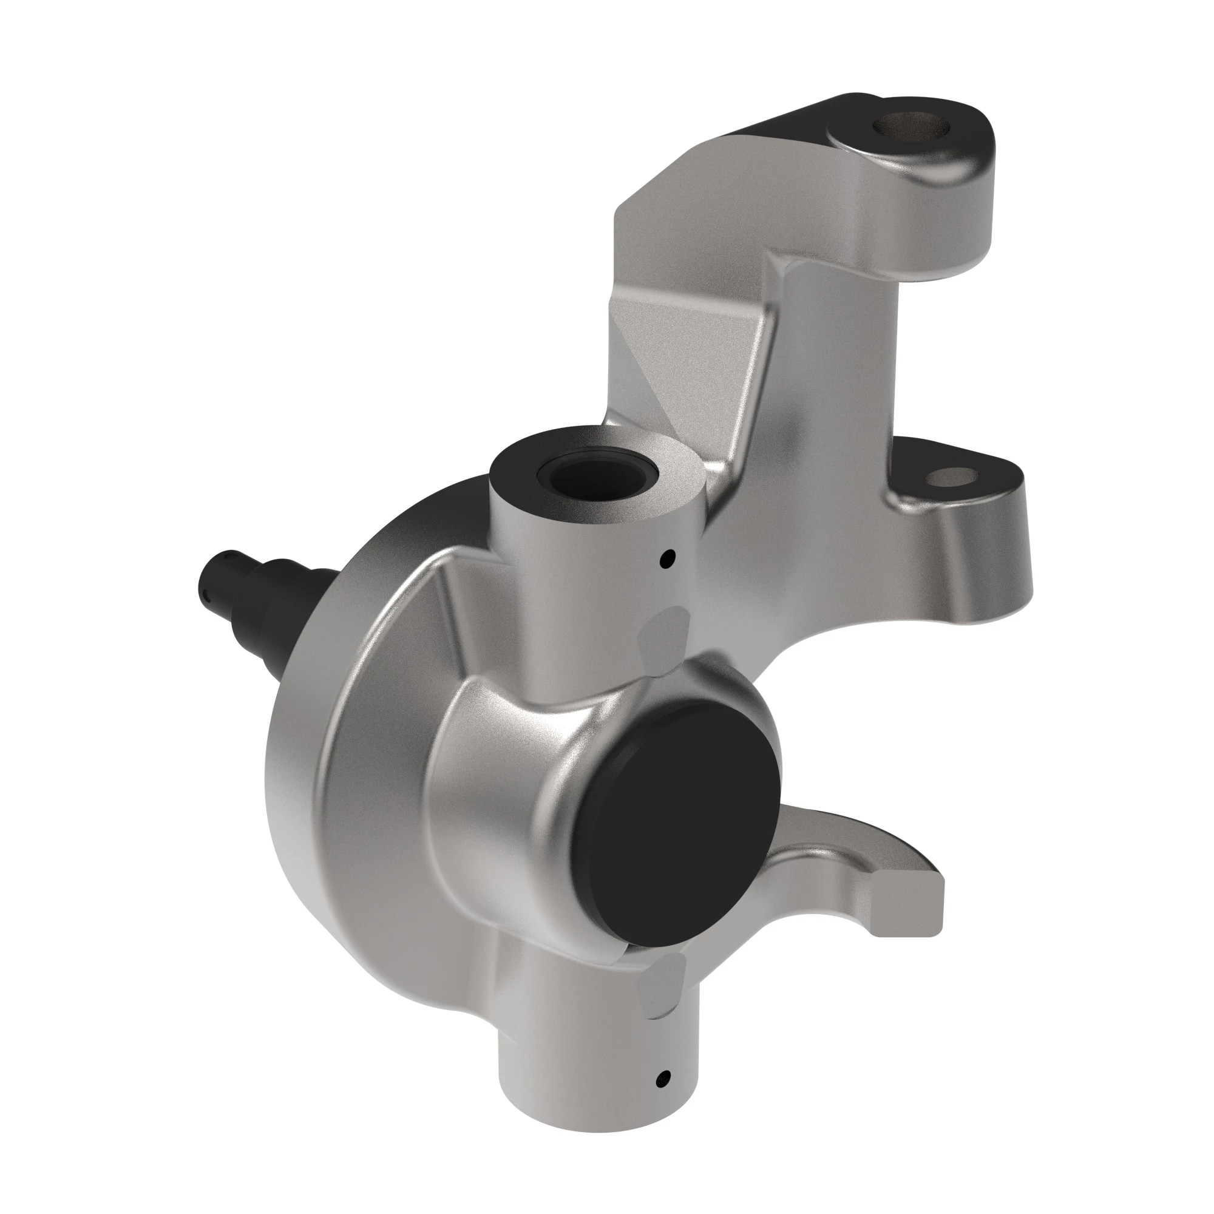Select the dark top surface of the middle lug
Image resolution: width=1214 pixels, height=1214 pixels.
[x=911, y=465]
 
